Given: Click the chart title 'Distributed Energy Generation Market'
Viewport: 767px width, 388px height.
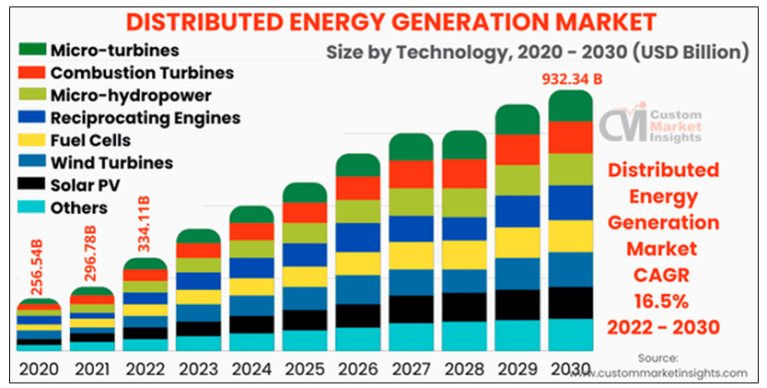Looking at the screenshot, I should (x=383, y=21).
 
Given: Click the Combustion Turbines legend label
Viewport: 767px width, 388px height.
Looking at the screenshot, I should (x=142, y=72).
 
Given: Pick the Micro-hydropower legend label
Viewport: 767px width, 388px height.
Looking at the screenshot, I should (x=129, y=95).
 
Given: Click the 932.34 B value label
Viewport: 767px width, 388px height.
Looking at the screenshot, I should (x=570, y=77).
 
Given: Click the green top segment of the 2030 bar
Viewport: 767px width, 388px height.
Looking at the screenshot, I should (x=570, y=106).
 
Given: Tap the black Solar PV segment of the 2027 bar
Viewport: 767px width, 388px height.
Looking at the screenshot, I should (x=410, y=309).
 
